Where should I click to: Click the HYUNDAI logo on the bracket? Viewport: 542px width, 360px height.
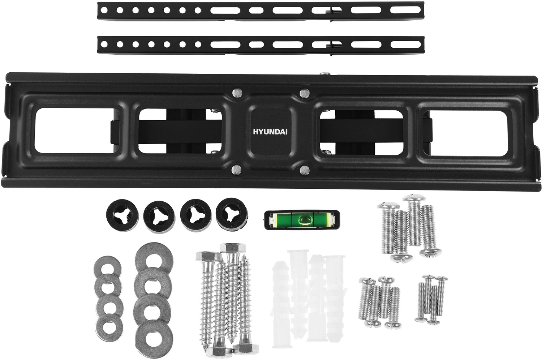coord(270,132)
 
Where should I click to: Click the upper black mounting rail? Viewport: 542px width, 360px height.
coord(261,11)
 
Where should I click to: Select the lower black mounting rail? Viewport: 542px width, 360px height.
coord(261,45)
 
